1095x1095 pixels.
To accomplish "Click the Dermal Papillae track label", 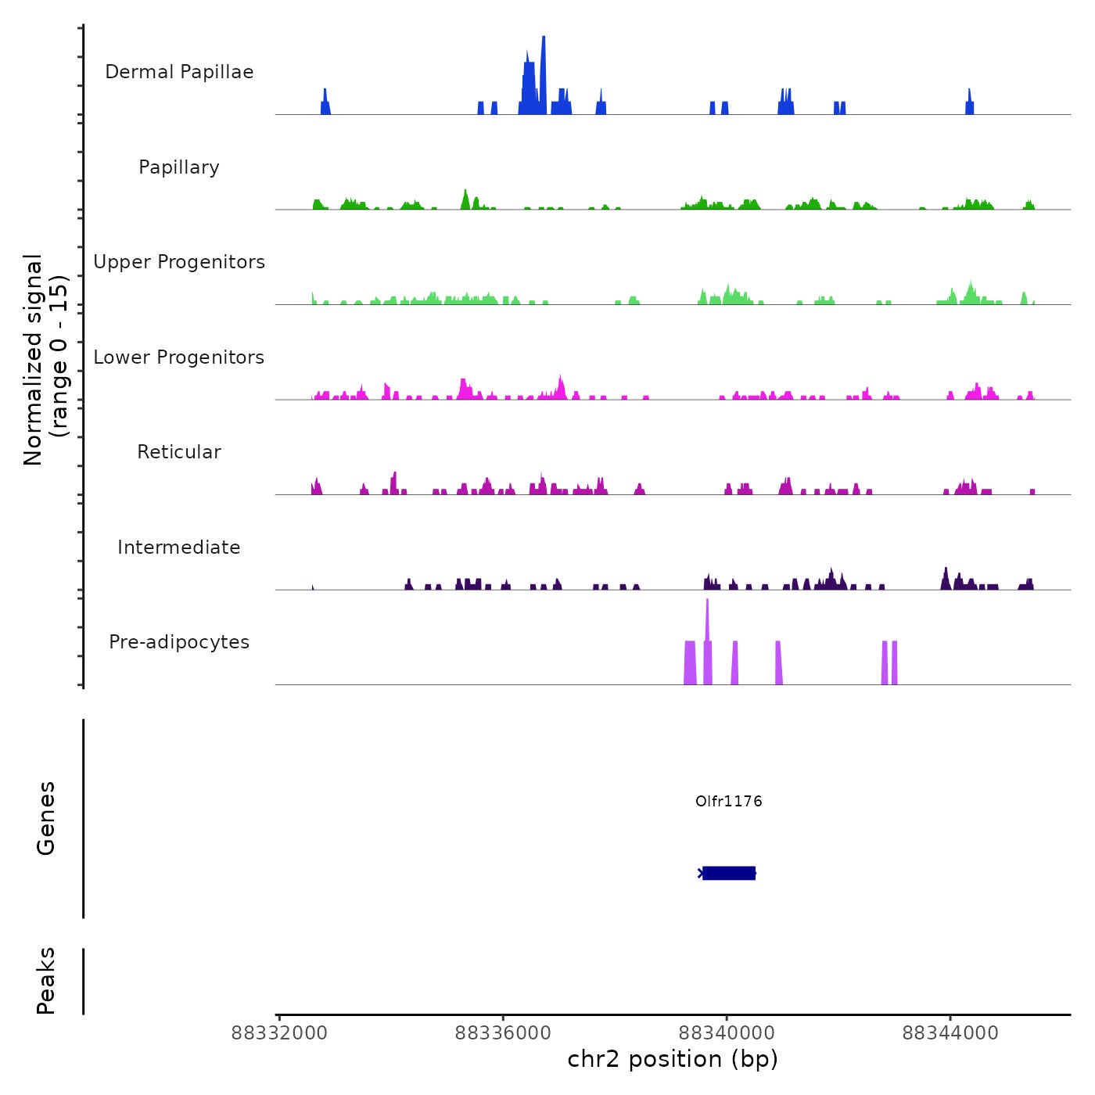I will click(179, 72).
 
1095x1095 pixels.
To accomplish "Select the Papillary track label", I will click(179, 167).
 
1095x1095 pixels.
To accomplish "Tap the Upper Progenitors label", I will click(179, 262).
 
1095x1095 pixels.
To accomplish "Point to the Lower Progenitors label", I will click(179, 357).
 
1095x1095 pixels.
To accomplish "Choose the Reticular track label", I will click(179, 452).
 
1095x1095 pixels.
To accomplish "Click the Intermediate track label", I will click(179, 547).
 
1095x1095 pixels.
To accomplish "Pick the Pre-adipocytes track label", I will click(179, 642).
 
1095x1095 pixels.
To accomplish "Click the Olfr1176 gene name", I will click(728, 801).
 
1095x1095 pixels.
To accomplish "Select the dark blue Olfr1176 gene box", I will click(729, 873).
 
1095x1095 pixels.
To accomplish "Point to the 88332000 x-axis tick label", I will click(279, 1033).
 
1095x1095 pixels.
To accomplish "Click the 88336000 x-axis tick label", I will click(503, 1033).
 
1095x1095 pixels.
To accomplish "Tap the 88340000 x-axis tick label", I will click(727, 1033).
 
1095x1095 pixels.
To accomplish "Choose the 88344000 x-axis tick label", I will click(950, 1033).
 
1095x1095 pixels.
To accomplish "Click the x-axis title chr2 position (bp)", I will click(673, 1059).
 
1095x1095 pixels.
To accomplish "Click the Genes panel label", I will click(46, 818).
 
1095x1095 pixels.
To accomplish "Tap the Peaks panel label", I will click(46, 981).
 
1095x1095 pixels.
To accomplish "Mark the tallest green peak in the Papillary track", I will click(465, 199).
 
